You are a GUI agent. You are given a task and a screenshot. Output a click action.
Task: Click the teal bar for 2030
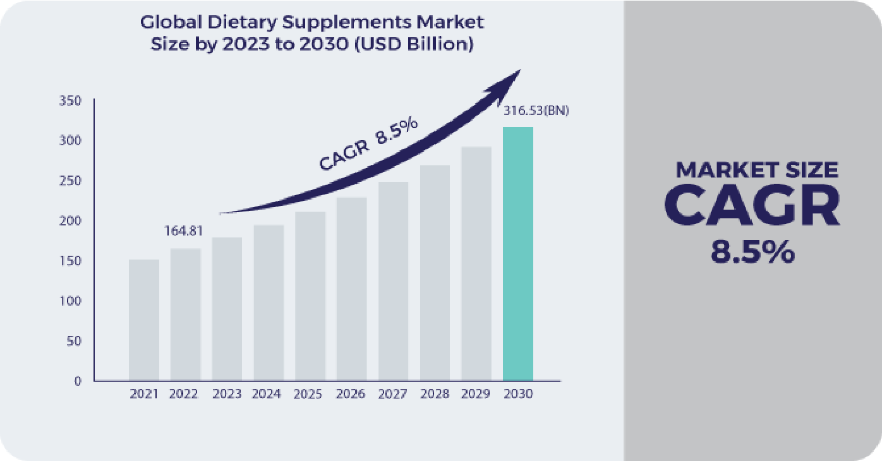517,254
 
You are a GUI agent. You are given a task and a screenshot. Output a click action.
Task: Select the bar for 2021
144,320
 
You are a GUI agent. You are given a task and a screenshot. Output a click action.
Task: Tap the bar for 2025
310,296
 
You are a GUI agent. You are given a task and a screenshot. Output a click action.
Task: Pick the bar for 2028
435,273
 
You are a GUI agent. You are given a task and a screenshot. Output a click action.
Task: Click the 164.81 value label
183,231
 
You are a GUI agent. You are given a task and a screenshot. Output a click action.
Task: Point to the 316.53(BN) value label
536,111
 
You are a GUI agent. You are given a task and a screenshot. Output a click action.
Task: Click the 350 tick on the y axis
69,100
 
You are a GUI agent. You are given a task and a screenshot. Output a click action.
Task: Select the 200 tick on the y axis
69,220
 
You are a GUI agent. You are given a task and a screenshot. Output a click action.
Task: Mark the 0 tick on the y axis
77,381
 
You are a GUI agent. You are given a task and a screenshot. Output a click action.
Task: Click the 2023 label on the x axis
227,394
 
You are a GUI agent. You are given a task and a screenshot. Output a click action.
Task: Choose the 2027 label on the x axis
392,394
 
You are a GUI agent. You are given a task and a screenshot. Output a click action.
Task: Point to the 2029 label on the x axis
476,394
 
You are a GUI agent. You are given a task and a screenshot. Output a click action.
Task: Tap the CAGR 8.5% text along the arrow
368,145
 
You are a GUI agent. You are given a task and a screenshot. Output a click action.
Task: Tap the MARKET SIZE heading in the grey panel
756,170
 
